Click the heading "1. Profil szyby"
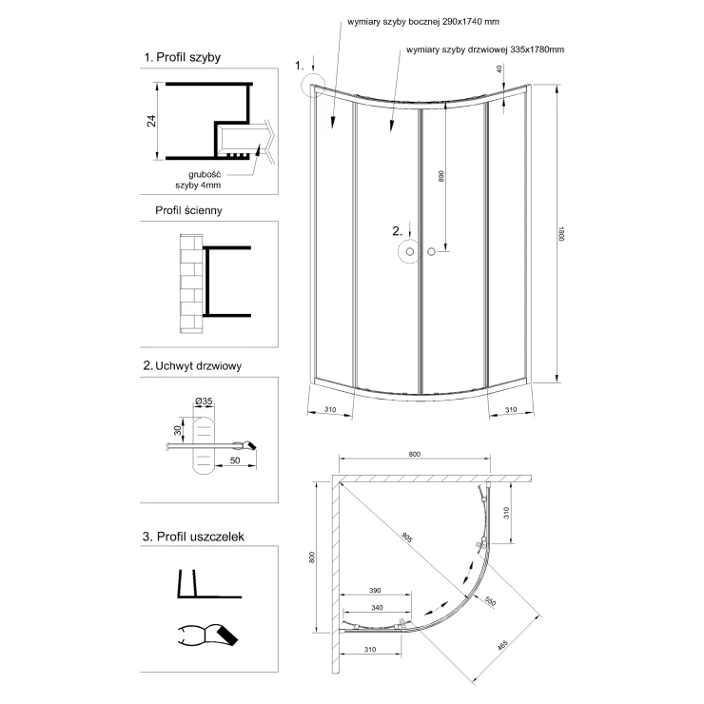point(182,57)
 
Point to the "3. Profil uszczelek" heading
point(194,537)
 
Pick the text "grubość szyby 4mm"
point(204,180)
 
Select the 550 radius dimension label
point(491,602)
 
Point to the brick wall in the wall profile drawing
point(190,282)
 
